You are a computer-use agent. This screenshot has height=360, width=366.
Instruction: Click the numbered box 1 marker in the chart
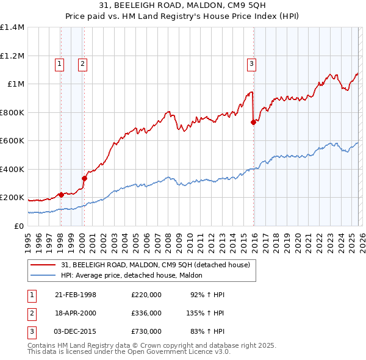[x=60, y=63]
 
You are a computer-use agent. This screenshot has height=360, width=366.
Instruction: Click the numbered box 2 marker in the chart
[x=82, y=63]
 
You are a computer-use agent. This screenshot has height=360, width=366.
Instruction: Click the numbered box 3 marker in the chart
[x=251, y=63]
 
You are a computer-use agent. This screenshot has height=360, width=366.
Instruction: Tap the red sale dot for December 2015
[x=253, y=123]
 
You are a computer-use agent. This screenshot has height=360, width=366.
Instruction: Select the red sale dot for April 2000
[x=84, y=178]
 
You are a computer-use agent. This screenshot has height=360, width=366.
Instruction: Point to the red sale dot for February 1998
[x=61, y=195]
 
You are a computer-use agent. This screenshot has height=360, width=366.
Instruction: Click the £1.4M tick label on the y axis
[x=12, y=27]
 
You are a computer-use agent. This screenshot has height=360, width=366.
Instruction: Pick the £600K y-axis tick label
[x=12, y=141]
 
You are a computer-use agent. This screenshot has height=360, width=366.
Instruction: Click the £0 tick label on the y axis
[x=18, y=226]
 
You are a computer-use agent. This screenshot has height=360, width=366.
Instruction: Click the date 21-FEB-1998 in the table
[x=76, y=295]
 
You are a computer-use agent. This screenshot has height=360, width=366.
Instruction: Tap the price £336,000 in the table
[x=146, y=313]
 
